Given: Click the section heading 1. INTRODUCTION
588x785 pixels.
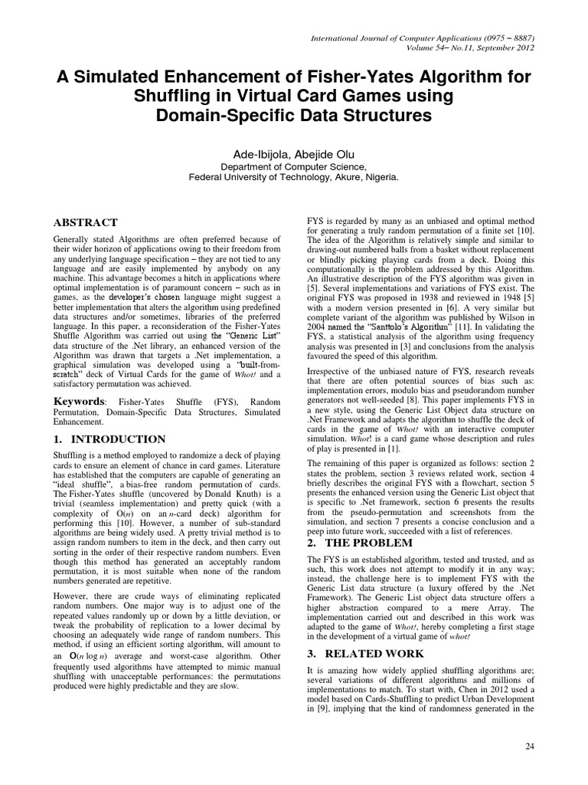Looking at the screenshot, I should coord(108,439).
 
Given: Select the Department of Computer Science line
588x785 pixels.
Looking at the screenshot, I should coord(294,166).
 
